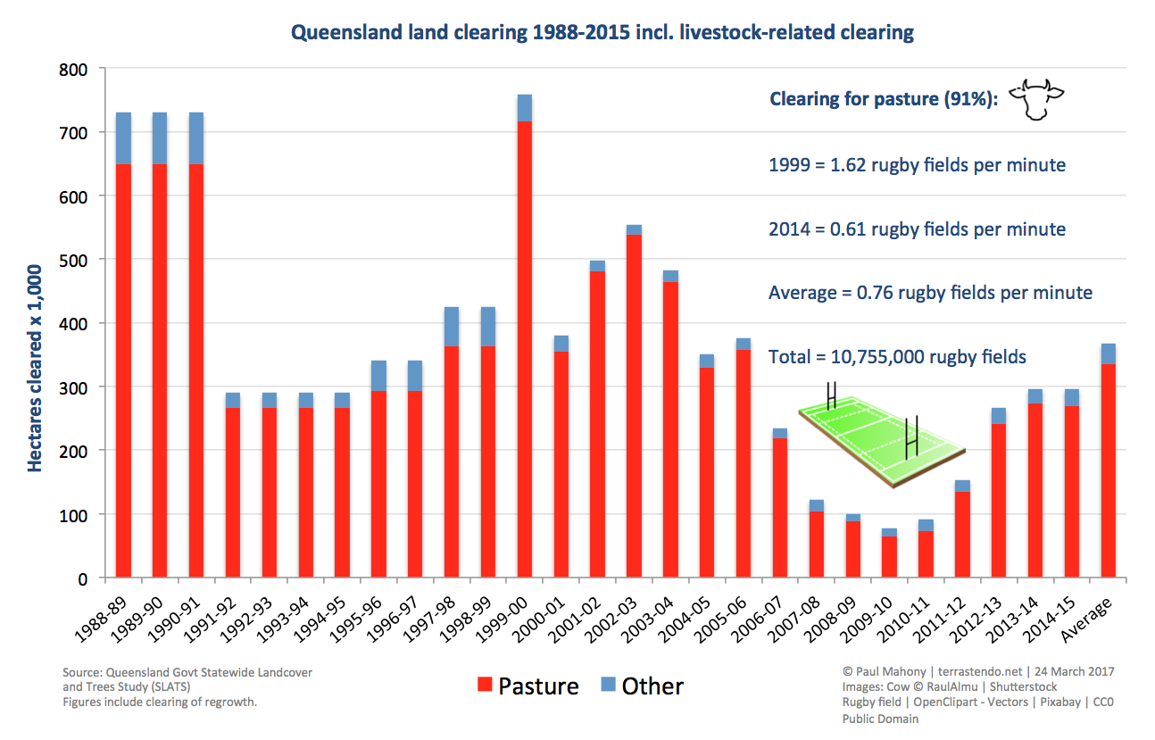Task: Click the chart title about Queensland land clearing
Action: (x=603, y=33)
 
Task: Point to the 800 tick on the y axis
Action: (x=75, y=70)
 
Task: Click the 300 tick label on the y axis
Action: (x=75, y=387)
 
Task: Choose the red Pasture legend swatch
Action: (x=486, y=685)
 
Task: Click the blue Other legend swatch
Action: (x=609, y=685)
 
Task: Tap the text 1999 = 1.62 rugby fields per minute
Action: (x=917, y=165)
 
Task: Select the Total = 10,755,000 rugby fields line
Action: (x=897, y=357)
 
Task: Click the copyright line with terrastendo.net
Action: (x=977, y=671)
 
